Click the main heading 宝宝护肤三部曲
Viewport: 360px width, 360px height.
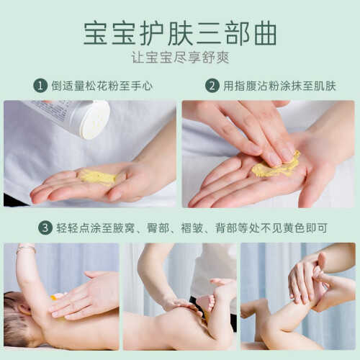pos(180,33)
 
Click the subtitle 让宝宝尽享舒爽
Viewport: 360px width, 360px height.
pos(180,58)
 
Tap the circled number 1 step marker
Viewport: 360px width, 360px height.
pos(40,86)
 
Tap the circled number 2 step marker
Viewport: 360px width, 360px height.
pos(212,86)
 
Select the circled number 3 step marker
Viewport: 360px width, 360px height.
pos(45,228)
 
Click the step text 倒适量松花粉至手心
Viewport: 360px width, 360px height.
pos(102,86)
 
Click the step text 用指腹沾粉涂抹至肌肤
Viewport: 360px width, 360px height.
pos(279,86)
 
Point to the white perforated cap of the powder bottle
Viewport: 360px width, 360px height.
pos(95,120)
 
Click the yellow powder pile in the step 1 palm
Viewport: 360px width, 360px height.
pos(98,178)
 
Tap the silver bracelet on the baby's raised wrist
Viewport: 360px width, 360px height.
pos(26,249)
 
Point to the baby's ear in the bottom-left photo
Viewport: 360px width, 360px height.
pos(23,310)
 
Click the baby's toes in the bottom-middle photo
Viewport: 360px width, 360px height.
pos(210,303)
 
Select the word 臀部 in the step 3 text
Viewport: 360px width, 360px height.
pos(158,228)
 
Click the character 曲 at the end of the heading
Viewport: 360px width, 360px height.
pos(266,33)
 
